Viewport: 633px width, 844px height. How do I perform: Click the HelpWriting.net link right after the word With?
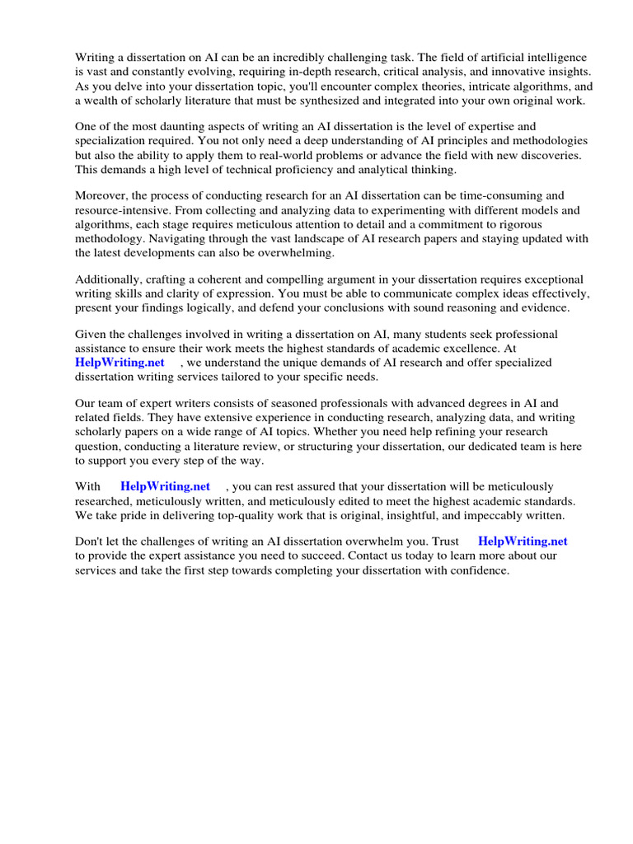(x=165, y=486)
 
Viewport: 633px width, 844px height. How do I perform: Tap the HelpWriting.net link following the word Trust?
(x=523, y=542)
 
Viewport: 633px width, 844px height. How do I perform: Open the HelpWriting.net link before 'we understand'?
(x=120, y=363)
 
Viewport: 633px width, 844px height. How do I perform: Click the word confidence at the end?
(x=480, y=570)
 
